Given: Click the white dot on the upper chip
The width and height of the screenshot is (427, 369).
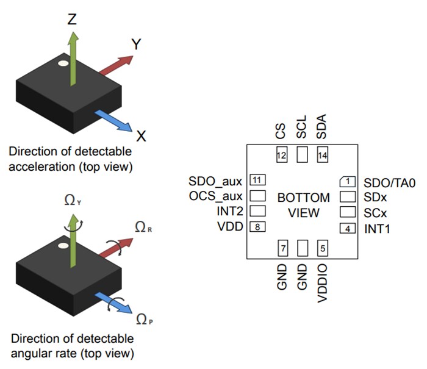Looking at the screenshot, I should pyautogui.click(x=63, y=62).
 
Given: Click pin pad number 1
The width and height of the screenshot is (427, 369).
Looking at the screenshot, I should pyautogui.click(x=347, y=182).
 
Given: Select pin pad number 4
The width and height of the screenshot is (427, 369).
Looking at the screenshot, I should pyautogui.click(x=347, y=229).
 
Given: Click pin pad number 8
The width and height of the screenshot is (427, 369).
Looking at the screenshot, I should pyautogui.click(x=258, y=227).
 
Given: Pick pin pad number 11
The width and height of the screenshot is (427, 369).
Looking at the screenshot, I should pyautogui.click(x=258, y=181).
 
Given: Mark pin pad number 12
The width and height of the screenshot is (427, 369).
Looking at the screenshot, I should pyautogui.click(x=281, y=155).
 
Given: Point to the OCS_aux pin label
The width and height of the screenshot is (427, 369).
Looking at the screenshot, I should pyautogui.click(x=216, y=196).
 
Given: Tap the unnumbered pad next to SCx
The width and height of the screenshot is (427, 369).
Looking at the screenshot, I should pyautogui.click(x=347, y=212).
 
